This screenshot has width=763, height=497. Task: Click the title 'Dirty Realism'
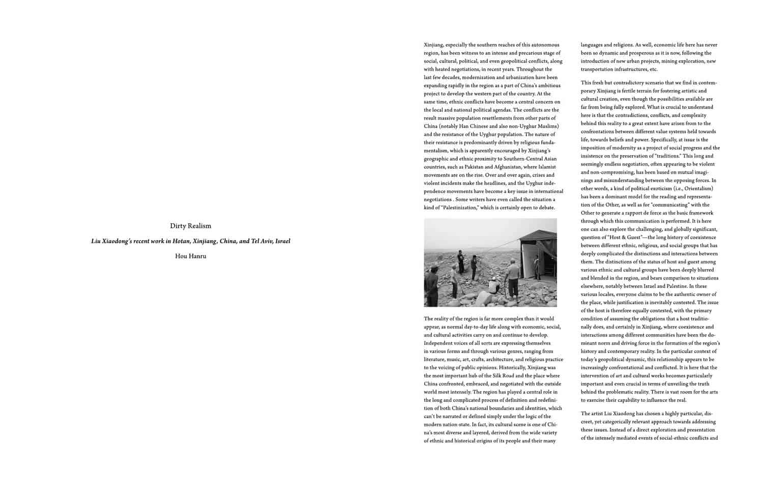[190, 226]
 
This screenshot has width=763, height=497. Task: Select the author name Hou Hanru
[190, 256]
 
